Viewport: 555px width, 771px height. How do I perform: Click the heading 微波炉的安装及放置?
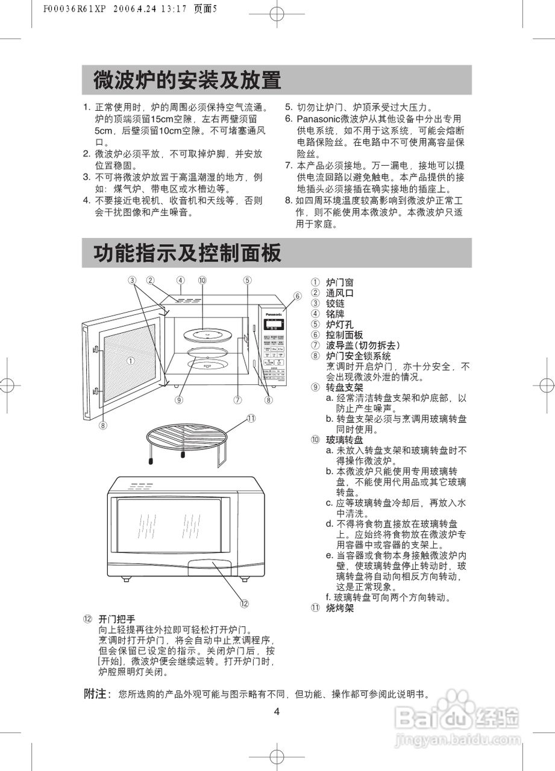[187, 80]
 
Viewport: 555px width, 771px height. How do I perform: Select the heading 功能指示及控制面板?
[187, 254]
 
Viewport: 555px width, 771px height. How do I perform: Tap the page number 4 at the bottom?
[277, 711]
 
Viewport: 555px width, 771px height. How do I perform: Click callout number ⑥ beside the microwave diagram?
[298, 296]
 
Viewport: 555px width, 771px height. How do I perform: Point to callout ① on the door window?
[130, 361]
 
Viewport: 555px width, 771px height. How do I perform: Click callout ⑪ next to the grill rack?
[251, 418]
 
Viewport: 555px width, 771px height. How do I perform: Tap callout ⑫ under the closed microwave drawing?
[244, 603]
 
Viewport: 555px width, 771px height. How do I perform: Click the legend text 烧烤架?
[340, 608]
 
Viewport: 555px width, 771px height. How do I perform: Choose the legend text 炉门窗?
[340, 282]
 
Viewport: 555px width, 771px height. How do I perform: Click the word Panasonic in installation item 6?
[319, 119]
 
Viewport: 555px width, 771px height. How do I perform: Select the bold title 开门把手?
[117, 619]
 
